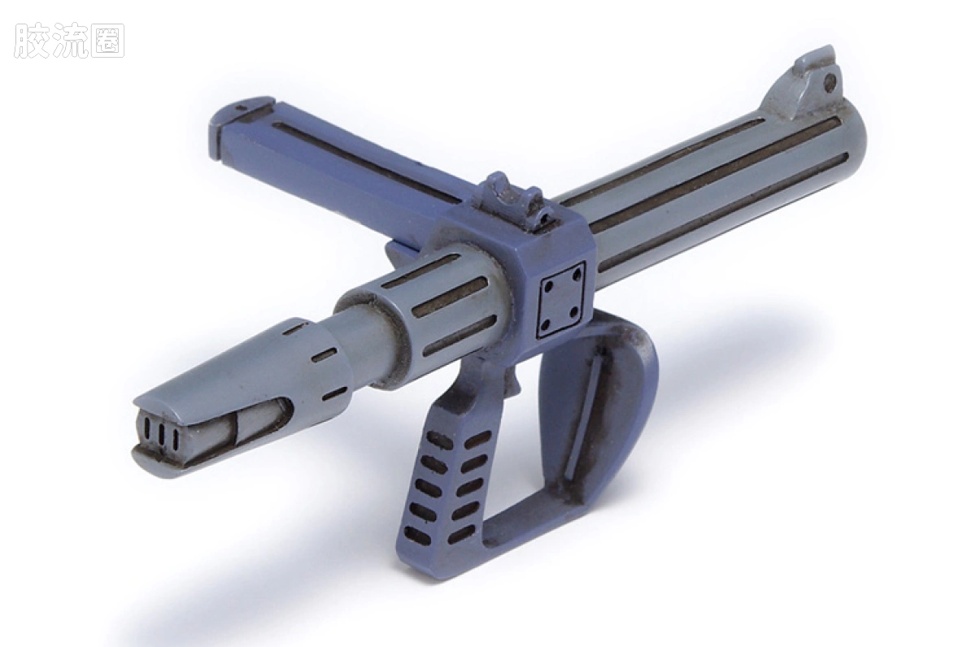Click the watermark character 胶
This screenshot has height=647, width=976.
pyautogui.click(x=31, y=41)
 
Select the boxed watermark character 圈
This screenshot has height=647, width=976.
pyautogui.click(x=108, y=41)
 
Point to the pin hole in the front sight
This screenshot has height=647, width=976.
pyautogui.click(x=830, y=80)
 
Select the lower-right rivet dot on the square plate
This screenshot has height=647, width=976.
pyautogui.click(x=574, y=312)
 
